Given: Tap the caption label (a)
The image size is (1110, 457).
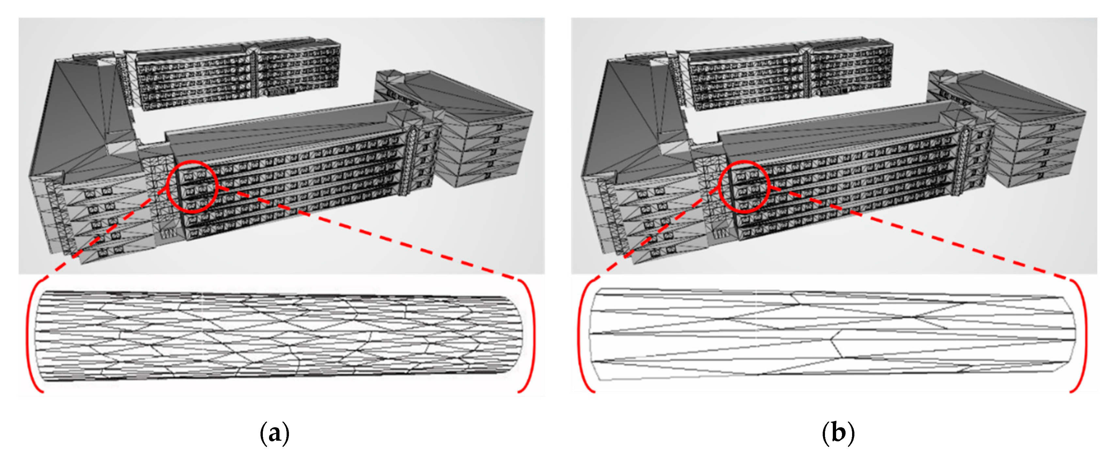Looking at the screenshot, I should [x=275, y=433].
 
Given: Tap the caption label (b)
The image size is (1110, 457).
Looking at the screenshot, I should [x=838, y=433].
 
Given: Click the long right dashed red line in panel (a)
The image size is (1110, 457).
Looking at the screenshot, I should [x=366, y=233].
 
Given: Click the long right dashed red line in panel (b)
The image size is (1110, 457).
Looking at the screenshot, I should [x=918, y=233].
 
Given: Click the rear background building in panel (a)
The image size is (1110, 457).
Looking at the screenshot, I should [x=237, y=73].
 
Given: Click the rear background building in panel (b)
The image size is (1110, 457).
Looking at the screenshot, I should [x=788, y=73].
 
